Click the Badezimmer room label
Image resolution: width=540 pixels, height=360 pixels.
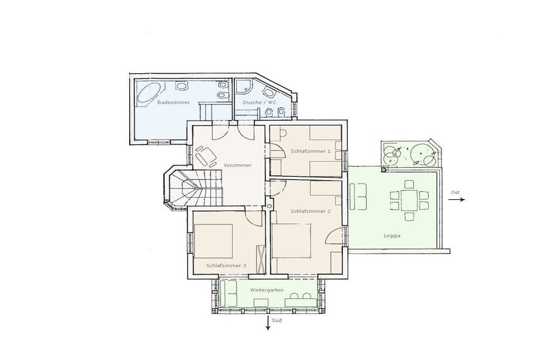coord(173,102)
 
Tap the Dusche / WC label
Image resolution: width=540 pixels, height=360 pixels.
coord(259,102)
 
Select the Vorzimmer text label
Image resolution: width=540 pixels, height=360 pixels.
coord(238,165)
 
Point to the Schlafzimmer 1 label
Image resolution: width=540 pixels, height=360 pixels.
coord(311,151)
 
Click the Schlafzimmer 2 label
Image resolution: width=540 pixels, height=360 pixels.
coord(311,211)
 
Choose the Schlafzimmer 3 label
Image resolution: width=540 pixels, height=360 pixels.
coord(226,265)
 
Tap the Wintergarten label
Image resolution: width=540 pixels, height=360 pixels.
coord(267,290)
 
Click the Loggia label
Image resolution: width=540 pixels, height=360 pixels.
coord(392,236)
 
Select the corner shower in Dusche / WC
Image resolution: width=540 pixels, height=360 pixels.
coord(244,86)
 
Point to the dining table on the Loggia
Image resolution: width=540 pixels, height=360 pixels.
coord(409,200)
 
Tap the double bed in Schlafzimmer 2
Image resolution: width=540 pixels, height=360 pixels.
coord(291,240)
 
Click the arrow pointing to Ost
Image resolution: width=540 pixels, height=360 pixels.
coord(458,200)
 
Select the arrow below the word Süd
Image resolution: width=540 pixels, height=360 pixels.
coord(267,323)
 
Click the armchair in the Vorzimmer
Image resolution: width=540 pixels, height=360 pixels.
coord(205,155)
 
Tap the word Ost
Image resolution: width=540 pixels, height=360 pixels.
coord(455,192)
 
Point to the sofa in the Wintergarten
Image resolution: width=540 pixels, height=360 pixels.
coord(229,293)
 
